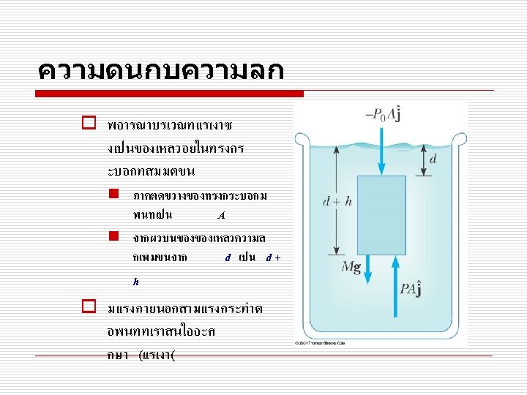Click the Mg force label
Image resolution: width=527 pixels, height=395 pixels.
coord(351,266)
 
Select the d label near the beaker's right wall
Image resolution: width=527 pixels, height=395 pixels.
coord(433,159)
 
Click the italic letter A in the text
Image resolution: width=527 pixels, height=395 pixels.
coord(220,215)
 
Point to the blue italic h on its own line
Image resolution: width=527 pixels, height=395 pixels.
coord(135,281)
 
